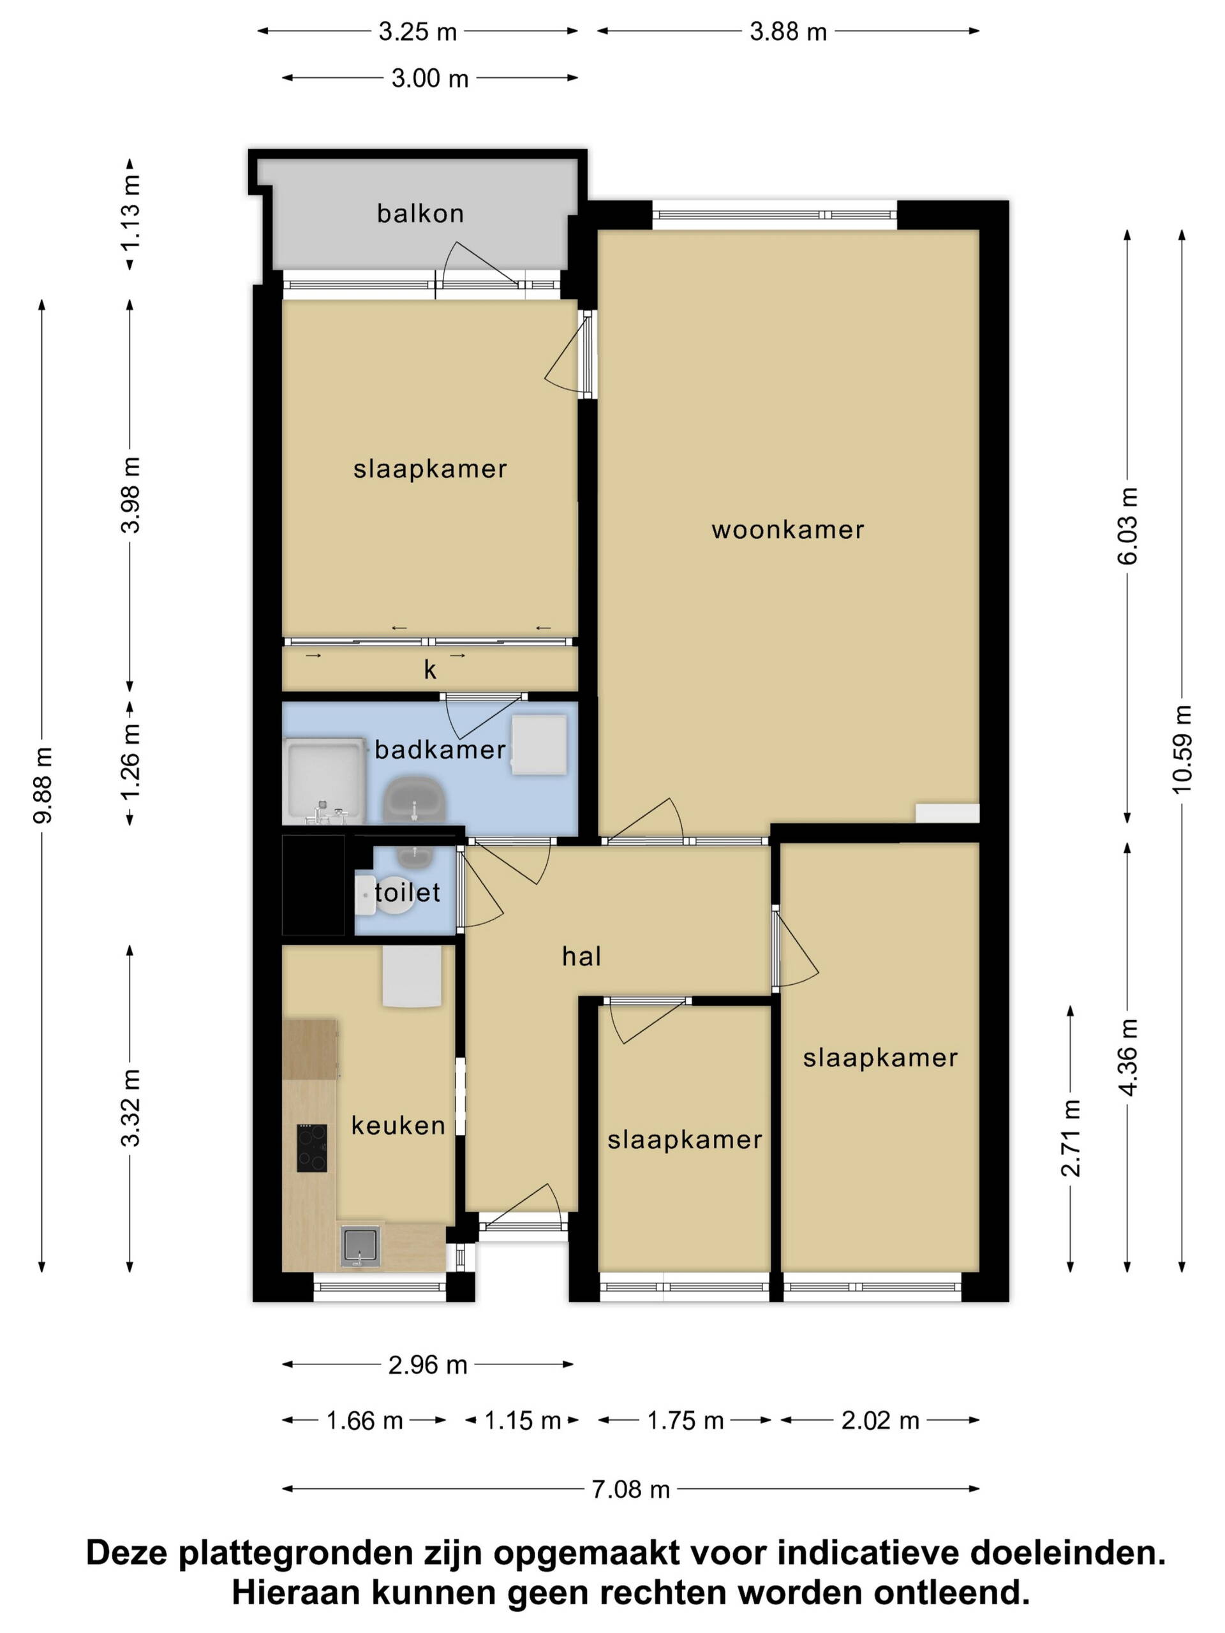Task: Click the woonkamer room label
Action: click(788, 529)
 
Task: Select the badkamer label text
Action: click(440, 750)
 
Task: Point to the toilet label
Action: click(407, 892)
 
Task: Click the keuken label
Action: click(398, 1125)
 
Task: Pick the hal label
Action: click(581, 957)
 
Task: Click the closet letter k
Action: click(430, 670)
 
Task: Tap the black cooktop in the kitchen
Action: click(311, 1148)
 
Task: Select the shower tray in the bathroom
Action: click(323, 780)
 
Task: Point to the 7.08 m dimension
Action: click(630, 1489)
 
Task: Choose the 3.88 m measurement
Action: click(788, 32)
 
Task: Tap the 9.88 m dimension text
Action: click(42, 785)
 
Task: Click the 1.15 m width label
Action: click(522, 1421)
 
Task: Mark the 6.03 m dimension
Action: click(1127, 526)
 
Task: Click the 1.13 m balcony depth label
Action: click(131, 214)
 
